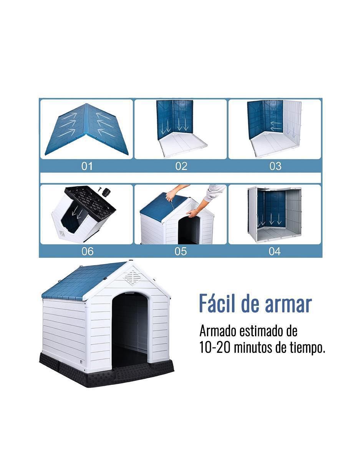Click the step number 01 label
(x=87, y=166)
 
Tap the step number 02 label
(x=181, y=166)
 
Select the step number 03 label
(x=275, y=166)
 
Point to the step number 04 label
(x=275, y=251)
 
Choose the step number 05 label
(x=180, y=251)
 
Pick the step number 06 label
(x=87, y=251)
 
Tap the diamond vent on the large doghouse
(x=132, y=278)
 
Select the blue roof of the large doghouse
(x=83, y=281)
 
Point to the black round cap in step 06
(x=106, y=192)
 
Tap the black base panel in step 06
(x=90, y=203)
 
